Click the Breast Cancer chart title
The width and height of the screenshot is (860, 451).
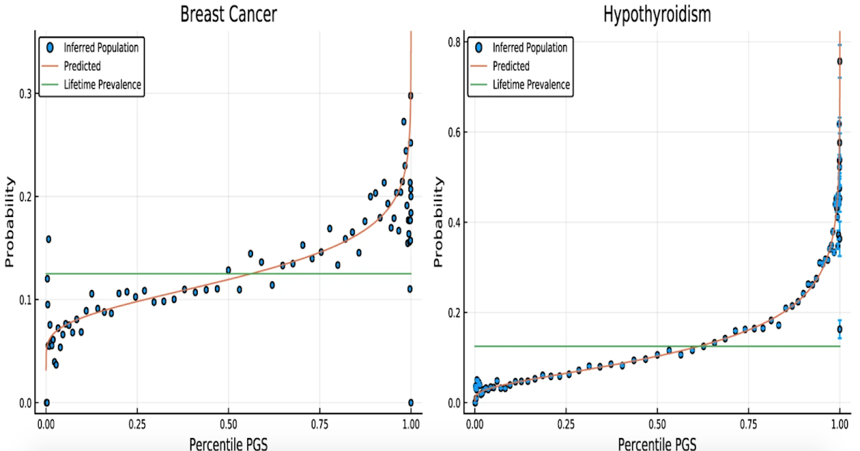click(227, 14)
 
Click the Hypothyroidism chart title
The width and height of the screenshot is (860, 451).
click(656, 14)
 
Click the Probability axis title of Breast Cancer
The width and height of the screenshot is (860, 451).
click(10, 222)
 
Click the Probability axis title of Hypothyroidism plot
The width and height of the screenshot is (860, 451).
click(439, 222)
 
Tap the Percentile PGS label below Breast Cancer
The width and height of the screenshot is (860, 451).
click(227, 443)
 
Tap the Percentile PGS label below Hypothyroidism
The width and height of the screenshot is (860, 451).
click(656, 443)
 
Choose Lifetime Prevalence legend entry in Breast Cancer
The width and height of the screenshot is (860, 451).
click(102, 84)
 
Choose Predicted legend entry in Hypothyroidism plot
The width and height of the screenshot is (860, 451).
click(511, 66)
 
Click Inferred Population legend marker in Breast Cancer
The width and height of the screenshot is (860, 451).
click(49, 48)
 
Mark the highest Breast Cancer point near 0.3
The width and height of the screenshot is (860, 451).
click(411, 95)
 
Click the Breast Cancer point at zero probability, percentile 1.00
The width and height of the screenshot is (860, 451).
click(411, 402)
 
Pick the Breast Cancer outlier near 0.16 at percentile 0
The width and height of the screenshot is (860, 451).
click(49, 239)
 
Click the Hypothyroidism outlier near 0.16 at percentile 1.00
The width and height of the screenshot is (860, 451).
click(839, 329)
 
